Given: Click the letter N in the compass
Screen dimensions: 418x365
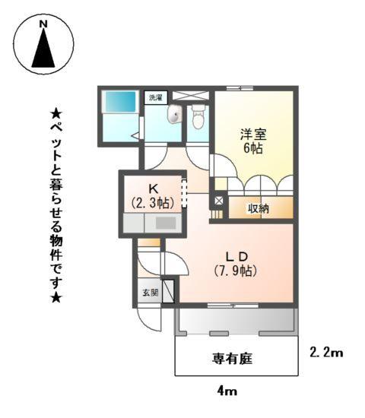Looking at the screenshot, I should click(x=43, y=25).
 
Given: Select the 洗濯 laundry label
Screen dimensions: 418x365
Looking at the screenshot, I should click(x=155, y=98).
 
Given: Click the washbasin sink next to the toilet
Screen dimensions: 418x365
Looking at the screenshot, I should click(x=175, y=116).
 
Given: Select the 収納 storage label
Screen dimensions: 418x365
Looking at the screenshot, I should click(x=259, y=208).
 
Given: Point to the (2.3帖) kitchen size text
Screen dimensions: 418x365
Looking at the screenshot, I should click(x=152, y=203).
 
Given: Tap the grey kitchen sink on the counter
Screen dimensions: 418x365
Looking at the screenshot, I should click(x=167, y=224).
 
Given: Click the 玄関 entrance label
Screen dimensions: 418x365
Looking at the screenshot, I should click(x=150, y=293).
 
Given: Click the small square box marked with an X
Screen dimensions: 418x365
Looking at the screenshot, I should click(x=218, y=201).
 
